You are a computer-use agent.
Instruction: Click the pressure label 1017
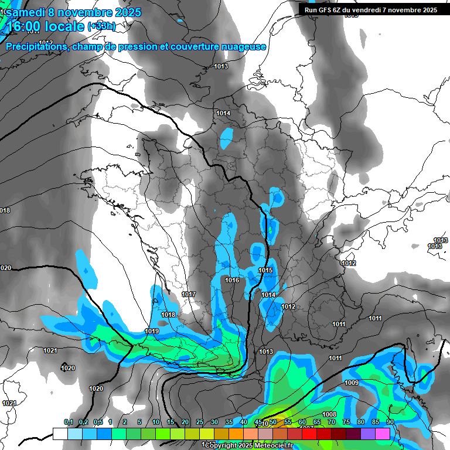189,294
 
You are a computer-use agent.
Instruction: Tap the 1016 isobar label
232,280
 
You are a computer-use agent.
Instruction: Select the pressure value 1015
266,270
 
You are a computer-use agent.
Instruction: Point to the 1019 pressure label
152,331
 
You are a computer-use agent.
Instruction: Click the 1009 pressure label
352,383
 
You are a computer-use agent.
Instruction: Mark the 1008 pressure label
329,414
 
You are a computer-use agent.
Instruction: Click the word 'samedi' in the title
26,11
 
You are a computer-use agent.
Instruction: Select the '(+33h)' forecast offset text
101,26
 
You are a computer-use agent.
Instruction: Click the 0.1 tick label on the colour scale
69,422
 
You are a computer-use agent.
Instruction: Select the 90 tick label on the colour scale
390,422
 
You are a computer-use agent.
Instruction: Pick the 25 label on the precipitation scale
200,422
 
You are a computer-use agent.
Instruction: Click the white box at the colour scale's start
60,434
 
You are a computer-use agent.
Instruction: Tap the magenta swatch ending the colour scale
383,434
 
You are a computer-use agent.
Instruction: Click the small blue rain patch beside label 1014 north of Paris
226,138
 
